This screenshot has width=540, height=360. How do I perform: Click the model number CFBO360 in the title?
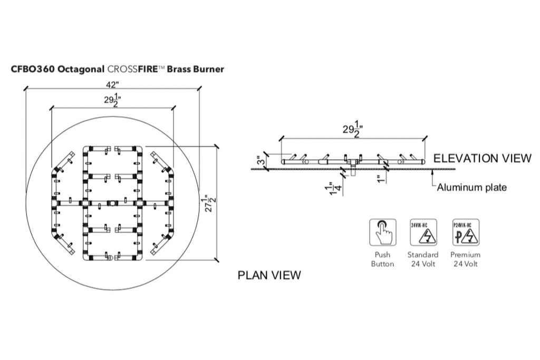pyautogui.click(x=33, y=69)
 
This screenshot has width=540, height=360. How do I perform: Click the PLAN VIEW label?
pyautogui.click(x=269, y=275)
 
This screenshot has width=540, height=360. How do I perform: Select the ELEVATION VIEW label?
pyautogui.click(x=482, y=159)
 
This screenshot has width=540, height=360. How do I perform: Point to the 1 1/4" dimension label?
pyautogui.click(x=331, y=189)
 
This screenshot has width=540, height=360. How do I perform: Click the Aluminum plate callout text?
pyautogui.click(x=472, y=187)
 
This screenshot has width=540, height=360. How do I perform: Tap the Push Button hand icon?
pyautogui.click(x=382, y=232)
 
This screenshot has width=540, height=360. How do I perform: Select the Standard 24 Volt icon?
pyautogui.click(x=422, y=232)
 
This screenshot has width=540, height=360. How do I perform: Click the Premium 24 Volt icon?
pyautogui.click(x=465, y=232)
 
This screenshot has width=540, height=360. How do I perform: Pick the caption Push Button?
pyautogui.click(x=382, y=259)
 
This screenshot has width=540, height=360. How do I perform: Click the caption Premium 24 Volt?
pyautogui.click(x=465, y=259)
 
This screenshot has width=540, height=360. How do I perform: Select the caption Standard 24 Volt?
pyautogui.click(x=422, y=259)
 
